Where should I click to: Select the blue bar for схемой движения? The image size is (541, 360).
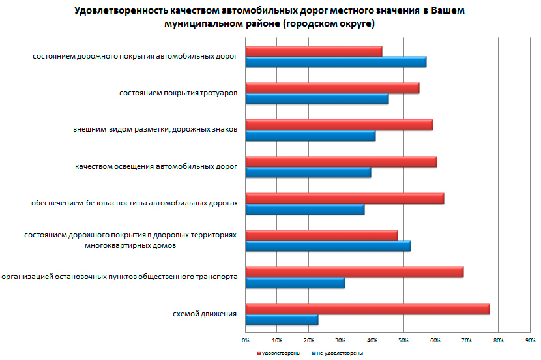click(x=282, y=320)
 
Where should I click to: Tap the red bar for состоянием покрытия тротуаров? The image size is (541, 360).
click(x=332, y=88)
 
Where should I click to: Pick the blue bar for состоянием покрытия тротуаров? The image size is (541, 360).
click(x=317, y=99)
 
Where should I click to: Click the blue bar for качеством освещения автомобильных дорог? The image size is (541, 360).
click(x=308, y=173)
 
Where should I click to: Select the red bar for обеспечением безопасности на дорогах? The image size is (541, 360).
click(x=344, y=198)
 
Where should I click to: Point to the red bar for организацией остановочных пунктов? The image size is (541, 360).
click(x=354, y=272)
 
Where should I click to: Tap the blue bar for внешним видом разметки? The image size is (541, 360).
click(x=310, y=136)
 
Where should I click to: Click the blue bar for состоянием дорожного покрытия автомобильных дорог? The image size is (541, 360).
click(x=336, y=62)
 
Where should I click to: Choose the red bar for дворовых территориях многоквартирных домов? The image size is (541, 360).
click(x=321, y=235)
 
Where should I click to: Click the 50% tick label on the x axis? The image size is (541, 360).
click(x=403, y=340)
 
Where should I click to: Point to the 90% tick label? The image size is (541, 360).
click(x=530, y=340)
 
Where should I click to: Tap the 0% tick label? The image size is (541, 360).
click(x=246, y=340)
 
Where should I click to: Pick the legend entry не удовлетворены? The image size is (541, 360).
click(x=339, y=353)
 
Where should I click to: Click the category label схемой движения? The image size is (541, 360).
click(x=205, y=314)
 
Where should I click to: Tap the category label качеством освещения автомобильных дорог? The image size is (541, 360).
click(x=156, y=167)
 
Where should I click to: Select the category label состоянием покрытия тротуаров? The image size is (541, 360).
click(x=178, y=93)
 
